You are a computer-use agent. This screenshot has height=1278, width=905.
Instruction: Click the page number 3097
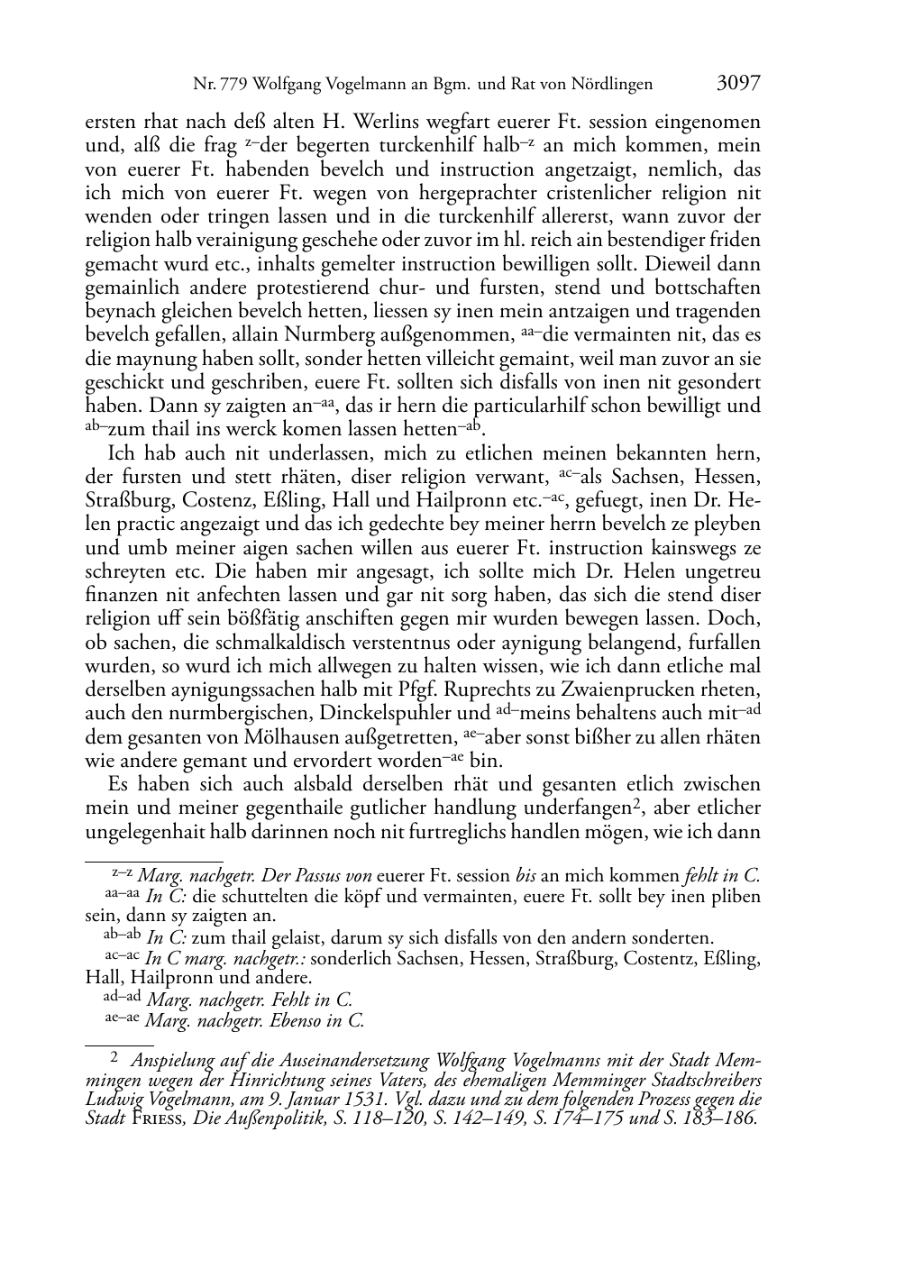(738, 85)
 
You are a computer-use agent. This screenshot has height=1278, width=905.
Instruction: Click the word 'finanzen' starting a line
(121, 595)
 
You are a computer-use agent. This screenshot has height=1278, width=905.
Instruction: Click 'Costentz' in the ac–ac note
(644, 959)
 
